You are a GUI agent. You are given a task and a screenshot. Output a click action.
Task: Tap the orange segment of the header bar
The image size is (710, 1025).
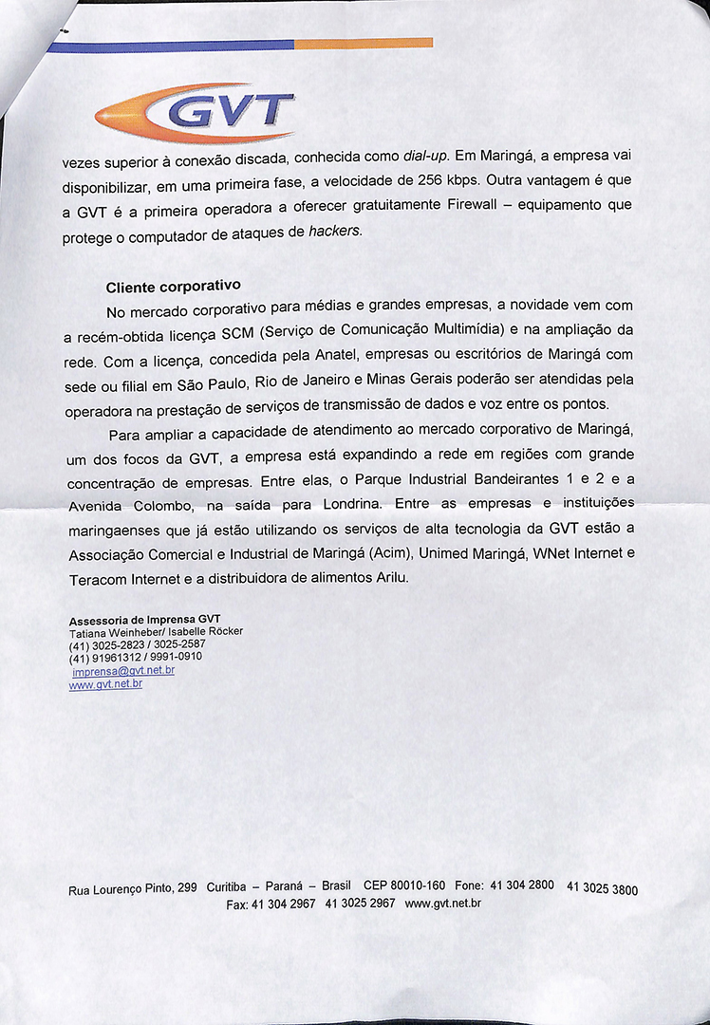tap(364, 43)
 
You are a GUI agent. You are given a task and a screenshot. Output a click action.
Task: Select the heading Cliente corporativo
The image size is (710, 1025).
tap(173, 286)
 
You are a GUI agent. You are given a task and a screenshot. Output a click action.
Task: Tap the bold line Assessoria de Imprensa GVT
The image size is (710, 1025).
tap(144, 621)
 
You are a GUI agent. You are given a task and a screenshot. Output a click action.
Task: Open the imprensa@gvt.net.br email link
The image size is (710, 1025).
tap(123, 670)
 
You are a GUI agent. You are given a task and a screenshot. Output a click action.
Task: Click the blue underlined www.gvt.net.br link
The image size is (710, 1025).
tap(105, 683)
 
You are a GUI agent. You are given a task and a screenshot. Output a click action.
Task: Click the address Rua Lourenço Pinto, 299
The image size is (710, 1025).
tap(133, 889)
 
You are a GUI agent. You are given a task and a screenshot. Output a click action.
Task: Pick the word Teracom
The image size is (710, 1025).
tap(99, 578)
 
